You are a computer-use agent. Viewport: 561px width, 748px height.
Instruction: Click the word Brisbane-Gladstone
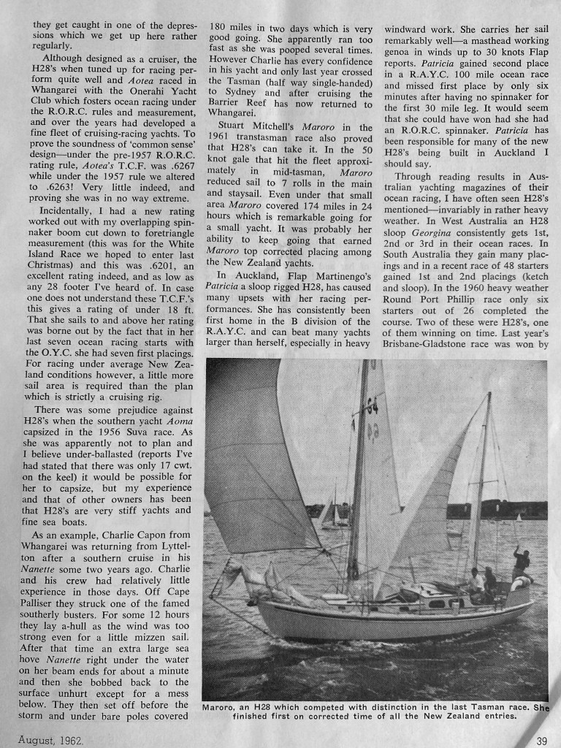tap(432, 348)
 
